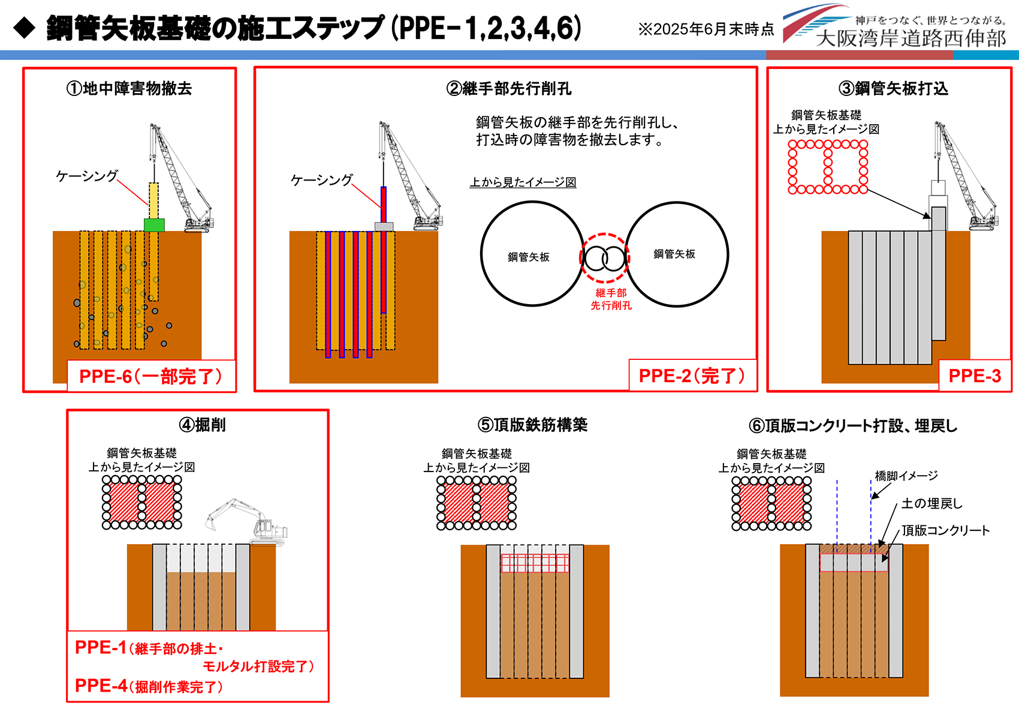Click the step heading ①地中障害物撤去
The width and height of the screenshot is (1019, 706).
pos(129,89)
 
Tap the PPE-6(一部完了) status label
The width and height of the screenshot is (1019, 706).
pos(151,377)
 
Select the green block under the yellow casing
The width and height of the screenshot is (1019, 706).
pos(154,225)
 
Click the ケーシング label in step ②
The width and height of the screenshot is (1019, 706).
pos(321,180)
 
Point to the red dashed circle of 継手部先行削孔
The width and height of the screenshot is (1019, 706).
pos(604,258)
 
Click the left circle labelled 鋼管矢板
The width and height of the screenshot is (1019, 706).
pos(532,254)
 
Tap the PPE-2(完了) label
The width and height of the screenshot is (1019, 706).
pos(692,376)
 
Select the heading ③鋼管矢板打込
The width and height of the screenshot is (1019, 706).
pos(893,89)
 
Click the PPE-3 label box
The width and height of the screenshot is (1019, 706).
pos(975,376)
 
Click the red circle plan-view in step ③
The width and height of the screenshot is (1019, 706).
pos(828,167)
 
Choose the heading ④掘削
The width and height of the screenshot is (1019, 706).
pos(203,425)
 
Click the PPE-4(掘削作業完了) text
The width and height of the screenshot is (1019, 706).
pos(149,686)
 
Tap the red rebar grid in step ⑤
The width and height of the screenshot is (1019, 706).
pos(535,563)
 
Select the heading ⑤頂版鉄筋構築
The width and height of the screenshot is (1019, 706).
pos(532,425)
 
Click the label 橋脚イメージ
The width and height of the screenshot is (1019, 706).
pos(906,476)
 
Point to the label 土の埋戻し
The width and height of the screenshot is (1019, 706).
pos(931,504)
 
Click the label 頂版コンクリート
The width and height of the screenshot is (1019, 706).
pos(945,530)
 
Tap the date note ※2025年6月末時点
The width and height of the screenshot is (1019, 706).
pos(706,29)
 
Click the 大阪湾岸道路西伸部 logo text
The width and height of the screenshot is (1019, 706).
pos(911,38)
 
